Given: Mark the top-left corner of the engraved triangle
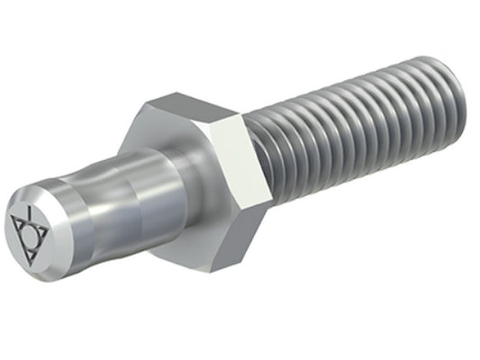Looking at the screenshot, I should point(15,220).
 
